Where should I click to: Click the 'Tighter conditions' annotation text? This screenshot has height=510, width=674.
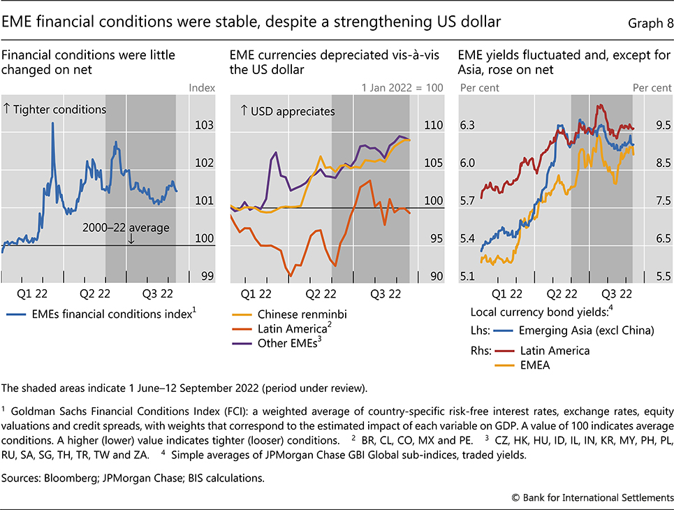56,110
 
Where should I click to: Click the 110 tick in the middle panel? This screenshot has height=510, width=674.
435,126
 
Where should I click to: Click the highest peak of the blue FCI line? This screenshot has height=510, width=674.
52,124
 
